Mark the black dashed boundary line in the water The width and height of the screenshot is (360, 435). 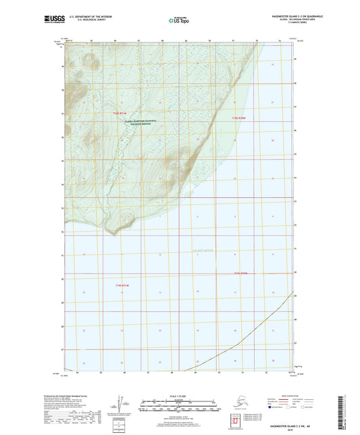[x=236, y=345]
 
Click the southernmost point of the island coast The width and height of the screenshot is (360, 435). [x=117, y=234]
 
